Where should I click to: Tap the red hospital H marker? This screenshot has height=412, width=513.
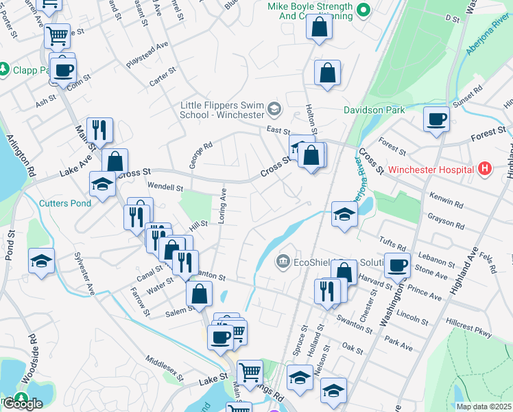(x=485, y=168)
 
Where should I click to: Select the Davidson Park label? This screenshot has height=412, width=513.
(x=374, y=109)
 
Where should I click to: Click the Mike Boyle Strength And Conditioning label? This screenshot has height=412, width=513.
(x=310, y=12)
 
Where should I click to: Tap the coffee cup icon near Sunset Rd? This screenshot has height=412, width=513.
(x=436, y=121)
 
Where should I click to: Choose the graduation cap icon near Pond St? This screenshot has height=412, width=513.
(x=41, y=262)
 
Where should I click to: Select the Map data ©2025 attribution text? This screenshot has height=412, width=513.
(x=484, y=407)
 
